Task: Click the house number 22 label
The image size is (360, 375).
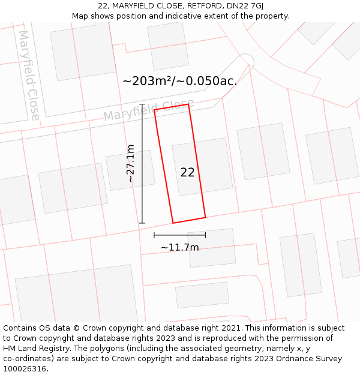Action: pos(187,172)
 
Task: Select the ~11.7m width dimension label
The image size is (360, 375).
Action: pos(179,247)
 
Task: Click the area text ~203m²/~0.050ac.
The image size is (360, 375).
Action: pos(179,81)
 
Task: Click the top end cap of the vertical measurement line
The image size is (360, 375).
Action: pos(142,104)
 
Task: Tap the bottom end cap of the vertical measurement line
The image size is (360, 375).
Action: pos(142,223)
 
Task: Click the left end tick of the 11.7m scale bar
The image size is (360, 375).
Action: pos(154,235)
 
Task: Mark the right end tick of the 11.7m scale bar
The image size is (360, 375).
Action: pos(205,235)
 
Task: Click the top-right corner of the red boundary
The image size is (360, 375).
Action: pos(188,104)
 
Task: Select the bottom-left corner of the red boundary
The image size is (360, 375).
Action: pos(173,223)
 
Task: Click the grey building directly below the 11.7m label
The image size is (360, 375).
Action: pos(202,295)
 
